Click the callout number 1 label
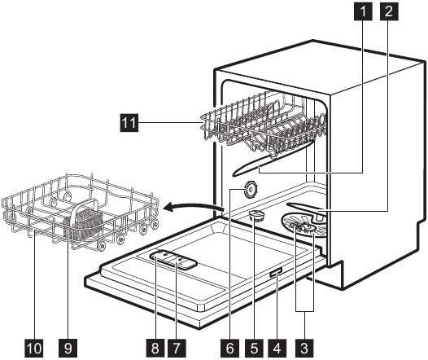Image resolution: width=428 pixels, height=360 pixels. (x=363, y=11)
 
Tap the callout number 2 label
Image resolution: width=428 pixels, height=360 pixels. (x=389, y=11)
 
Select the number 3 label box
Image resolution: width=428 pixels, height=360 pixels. (x=304, y=348)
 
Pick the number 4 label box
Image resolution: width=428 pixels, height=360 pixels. (x=277, y=348)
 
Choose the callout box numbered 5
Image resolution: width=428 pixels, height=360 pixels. (x=254, y=348)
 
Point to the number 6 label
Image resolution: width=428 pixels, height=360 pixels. (x=229, y=348)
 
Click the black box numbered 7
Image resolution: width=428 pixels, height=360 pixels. (x=177, y=348)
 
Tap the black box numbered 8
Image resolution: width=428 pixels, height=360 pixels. (x=155, y=348)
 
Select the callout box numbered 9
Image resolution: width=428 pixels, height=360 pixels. (x=68, y=348)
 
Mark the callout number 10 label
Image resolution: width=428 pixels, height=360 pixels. (x=34, y=348)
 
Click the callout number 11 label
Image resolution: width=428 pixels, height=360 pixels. (x=129, y=123)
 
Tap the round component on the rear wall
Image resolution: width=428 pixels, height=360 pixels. (x=251, y=191)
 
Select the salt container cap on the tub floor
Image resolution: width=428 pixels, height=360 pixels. (x=255, y=215)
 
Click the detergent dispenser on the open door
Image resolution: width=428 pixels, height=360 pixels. (x=173, y=259)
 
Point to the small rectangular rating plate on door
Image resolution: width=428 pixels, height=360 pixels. (x=275, y=273)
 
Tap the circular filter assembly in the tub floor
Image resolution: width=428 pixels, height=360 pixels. (x=304, y=226)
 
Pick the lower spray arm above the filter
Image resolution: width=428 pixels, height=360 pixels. (x=307, y=209)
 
